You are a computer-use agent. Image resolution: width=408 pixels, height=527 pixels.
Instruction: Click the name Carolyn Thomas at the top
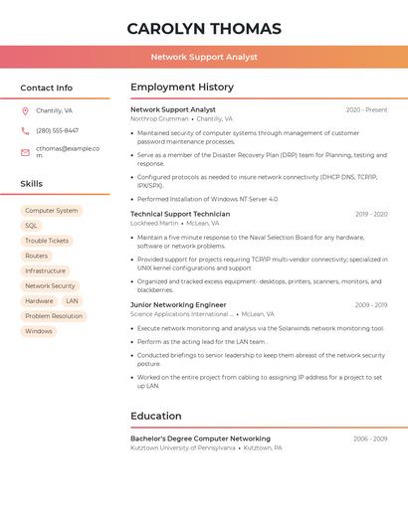click(204, 28)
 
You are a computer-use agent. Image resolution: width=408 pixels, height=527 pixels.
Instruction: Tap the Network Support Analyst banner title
click(204, 57)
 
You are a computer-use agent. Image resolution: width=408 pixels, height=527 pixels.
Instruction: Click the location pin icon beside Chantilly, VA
click(25, 111)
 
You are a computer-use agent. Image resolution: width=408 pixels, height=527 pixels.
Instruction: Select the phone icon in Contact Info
click(25, 130)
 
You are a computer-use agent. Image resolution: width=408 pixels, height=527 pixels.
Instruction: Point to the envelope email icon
click(25, 152)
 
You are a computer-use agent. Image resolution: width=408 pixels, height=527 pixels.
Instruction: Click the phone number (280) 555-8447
click(57, 130)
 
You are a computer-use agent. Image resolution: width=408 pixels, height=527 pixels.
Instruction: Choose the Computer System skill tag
click(51, 211)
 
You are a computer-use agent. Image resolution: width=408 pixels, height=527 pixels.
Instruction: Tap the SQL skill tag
click(31, 226)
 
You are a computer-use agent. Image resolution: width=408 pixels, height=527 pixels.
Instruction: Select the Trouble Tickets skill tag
click(47, 241)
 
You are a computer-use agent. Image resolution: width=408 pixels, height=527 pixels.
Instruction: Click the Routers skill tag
click(36, 256)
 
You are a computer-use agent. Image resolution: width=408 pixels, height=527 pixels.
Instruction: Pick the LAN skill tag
click(72, 300)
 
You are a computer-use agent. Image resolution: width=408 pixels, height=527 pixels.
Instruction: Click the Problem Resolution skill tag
click(54, 316)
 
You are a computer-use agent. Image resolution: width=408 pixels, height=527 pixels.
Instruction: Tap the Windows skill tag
click(39, 331)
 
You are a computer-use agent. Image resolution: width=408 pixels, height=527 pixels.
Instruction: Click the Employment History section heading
click(182, 88)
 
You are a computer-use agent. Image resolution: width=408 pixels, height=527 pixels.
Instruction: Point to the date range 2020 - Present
click(366, 110)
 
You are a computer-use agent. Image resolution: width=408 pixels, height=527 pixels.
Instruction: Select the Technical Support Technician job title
click(180, 214)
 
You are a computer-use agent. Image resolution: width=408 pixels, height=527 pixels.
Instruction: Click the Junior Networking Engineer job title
click(178, 305)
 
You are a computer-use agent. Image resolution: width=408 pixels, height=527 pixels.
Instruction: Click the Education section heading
click(156, 417)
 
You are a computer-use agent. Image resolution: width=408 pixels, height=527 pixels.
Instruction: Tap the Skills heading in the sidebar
click(32, 184)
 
